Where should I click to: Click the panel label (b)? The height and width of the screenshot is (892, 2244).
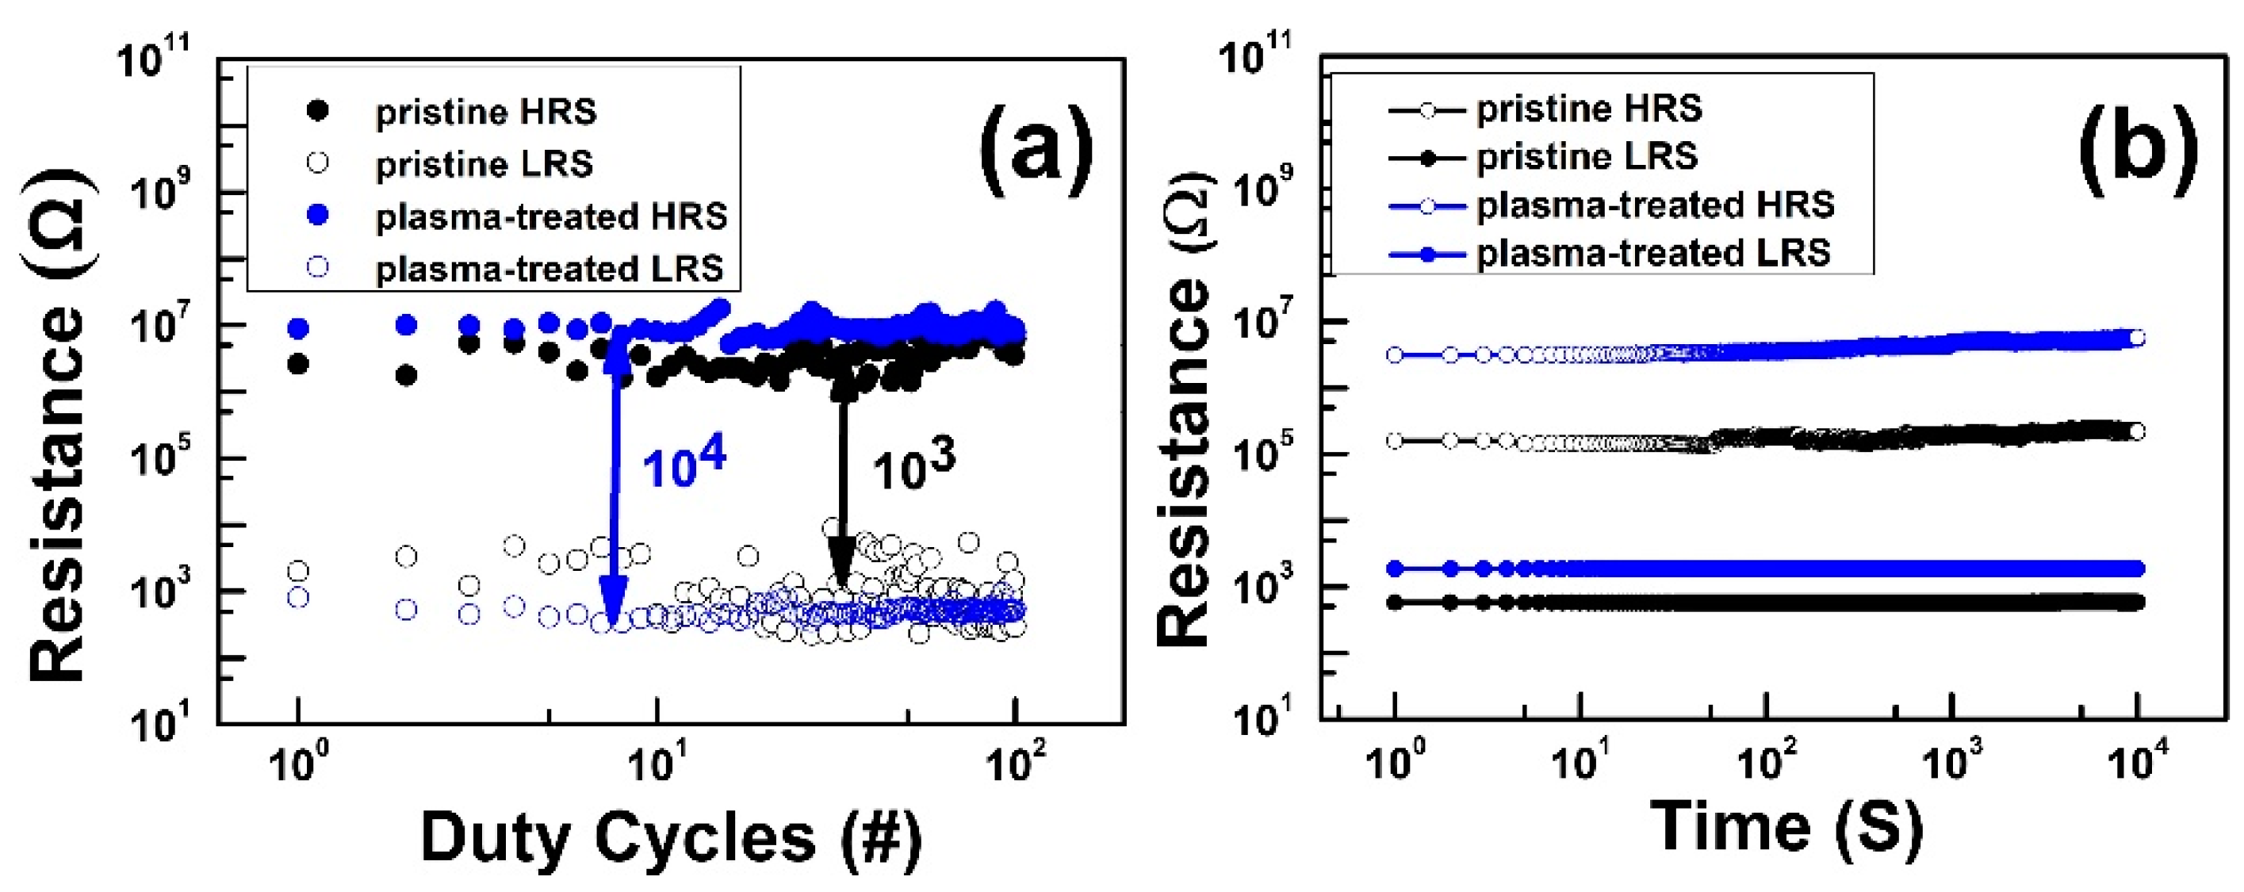pos(2138,144)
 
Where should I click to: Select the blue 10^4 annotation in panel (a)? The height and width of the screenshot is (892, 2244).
pos(684,467)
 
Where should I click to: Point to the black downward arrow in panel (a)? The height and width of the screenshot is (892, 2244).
pos(841,488)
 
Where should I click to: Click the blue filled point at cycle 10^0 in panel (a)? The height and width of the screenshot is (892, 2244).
pos(298,328)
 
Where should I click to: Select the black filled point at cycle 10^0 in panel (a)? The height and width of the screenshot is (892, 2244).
pos(298,364)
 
